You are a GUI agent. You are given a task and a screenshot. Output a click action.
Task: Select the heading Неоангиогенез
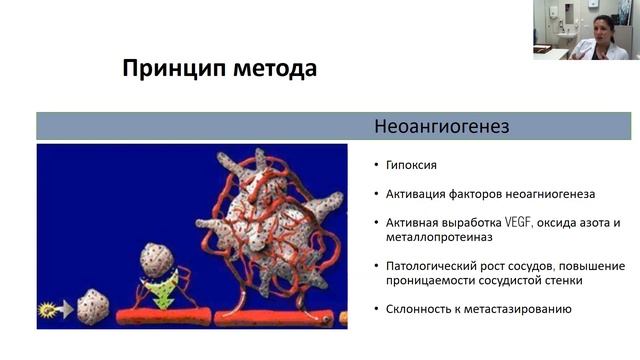pyautogui.click(x=441, y=127)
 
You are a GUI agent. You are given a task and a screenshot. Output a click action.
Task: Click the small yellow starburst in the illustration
pyautogui.click(x=48, y=309)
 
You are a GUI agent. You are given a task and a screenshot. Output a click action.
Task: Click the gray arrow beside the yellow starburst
pyautogui.click(x=69, y=309)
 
